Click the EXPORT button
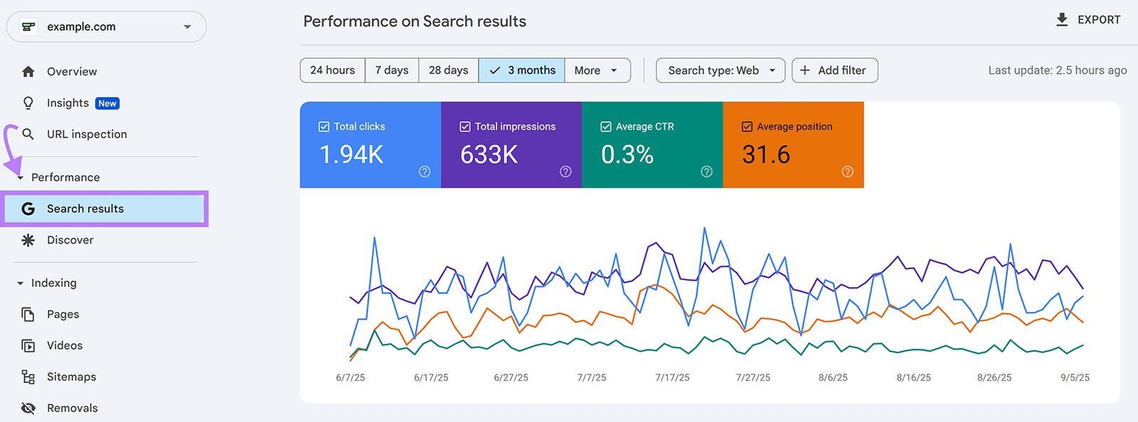click(1088, 20)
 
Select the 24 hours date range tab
click(332, 70)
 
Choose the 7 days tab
click(392, 70)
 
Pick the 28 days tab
click(448, 70)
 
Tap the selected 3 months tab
click(522, 70)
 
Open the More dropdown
click(597, 70)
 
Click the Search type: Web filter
click(720, 70)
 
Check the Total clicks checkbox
click(324, 126)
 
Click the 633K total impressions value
click(489, 154)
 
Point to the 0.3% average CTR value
click(627, 154)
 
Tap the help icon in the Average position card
click(847, 171)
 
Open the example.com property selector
click(107, 27)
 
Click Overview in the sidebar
click(71, 72)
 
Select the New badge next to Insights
click(107, 104)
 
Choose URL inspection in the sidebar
click(86, 134)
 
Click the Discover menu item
click(70, 240)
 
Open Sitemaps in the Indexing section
click(71, 377)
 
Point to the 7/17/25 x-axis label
click(672, 378)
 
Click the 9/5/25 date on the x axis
click(1075, 378)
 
